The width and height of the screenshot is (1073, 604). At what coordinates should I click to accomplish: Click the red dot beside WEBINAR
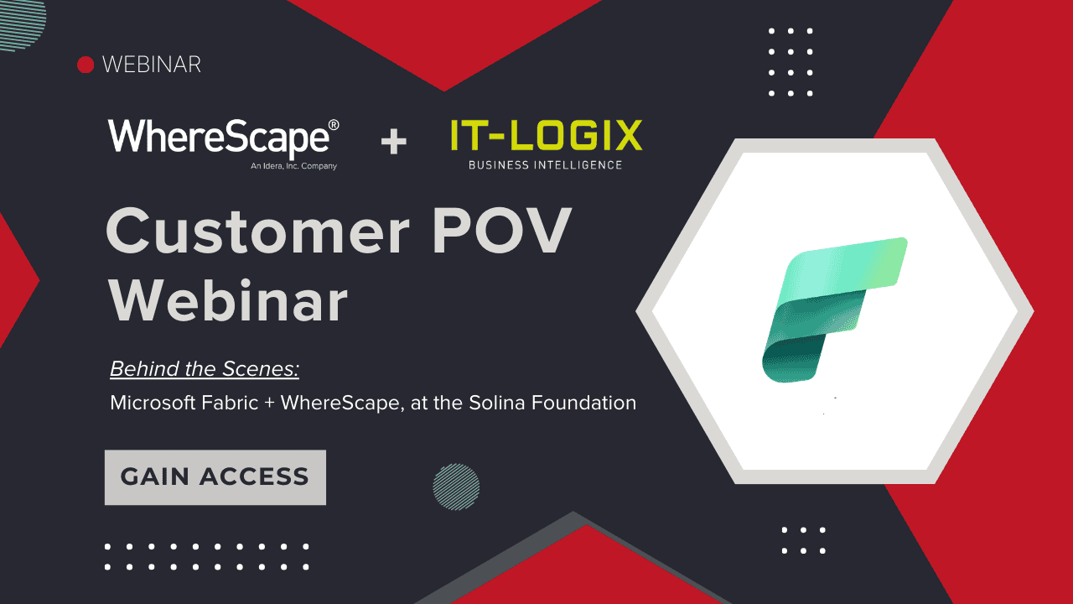tap(85, 65)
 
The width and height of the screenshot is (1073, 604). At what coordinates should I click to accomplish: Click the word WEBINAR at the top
tap(151, 65)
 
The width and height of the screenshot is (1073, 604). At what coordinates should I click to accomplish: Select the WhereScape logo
tap(220, 138)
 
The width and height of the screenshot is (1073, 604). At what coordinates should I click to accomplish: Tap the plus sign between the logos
tap(393, 142)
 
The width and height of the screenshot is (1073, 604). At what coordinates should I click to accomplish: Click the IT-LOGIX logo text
tap(546, 136)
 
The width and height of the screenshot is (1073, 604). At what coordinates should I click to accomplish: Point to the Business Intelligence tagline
tap(545, 165)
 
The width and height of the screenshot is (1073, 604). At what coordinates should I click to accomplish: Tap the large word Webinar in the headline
tap(228, 299)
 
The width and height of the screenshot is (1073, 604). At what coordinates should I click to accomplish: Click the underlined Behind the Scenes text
tap(205, 369)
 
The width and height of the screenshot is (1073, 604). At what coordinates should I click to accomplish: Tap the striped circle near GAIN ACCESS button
tap(456, 487)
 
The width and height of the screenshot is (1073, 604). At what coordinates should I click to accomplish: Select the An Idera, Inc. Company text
tap(293, 166)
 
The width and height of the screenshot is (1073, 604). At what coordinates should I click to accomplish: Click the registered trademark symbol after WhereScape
tap(334, 125)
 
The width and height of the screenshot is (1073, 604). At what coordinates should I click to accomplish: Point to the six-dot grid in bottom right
tap(803, 540)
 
